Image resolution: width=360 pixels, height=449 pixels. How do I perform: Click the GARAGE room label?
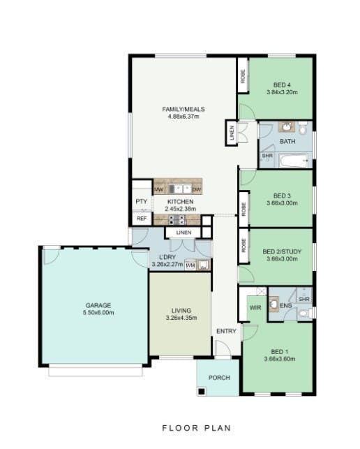[98, 305]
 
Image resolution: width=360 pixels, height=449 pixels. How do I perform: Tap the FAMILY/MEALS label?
[183, 109]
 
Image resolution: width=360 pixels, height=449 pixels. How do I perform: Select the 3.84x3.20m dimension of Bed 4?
[282, 92]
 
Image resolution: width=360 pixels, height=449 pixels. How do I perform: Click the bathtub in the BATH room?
[294, 161]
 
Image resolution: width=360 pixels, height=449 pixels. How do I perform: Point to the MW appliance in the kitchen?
[158, 189]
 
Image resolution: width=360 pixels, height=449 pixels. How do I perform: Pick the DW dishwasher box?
[196, 189]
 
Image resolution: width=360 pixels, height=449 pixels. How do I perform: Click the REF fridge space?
[142, 219]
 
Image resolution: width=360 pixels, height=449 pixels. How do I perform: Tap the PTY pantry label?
[142, 202]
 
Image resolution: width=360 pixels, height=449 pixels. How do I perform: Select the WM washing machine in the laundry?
[190, 265]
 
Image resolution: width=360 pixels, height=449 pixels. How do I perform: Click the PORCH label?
[219, 378]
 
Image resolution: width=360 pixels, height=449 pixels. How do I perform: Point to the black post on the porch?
[202, 391]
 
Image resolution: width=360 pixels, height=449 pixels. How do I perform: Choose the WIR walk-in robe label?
[255, 307]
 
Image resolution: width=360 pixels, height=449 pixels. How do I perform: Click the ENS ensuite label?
[285, 306]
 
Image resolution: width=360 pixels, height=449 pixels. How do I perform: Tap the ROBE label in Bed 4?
[243, 76]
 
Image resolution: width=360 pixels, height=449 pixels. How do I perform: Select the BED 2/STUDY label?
[282, 251]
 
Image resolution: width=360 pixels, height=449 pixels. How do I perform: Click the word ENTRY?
[226, 331]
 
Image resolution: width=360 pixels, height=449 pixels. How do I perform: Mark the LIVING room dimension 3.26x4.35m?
[181, 318]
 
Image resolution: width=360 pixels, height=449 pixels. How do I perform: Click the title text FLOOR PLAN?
[197, 428]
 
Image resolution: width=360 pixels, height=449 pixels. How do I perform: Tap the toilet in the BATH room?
[303, 128]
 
